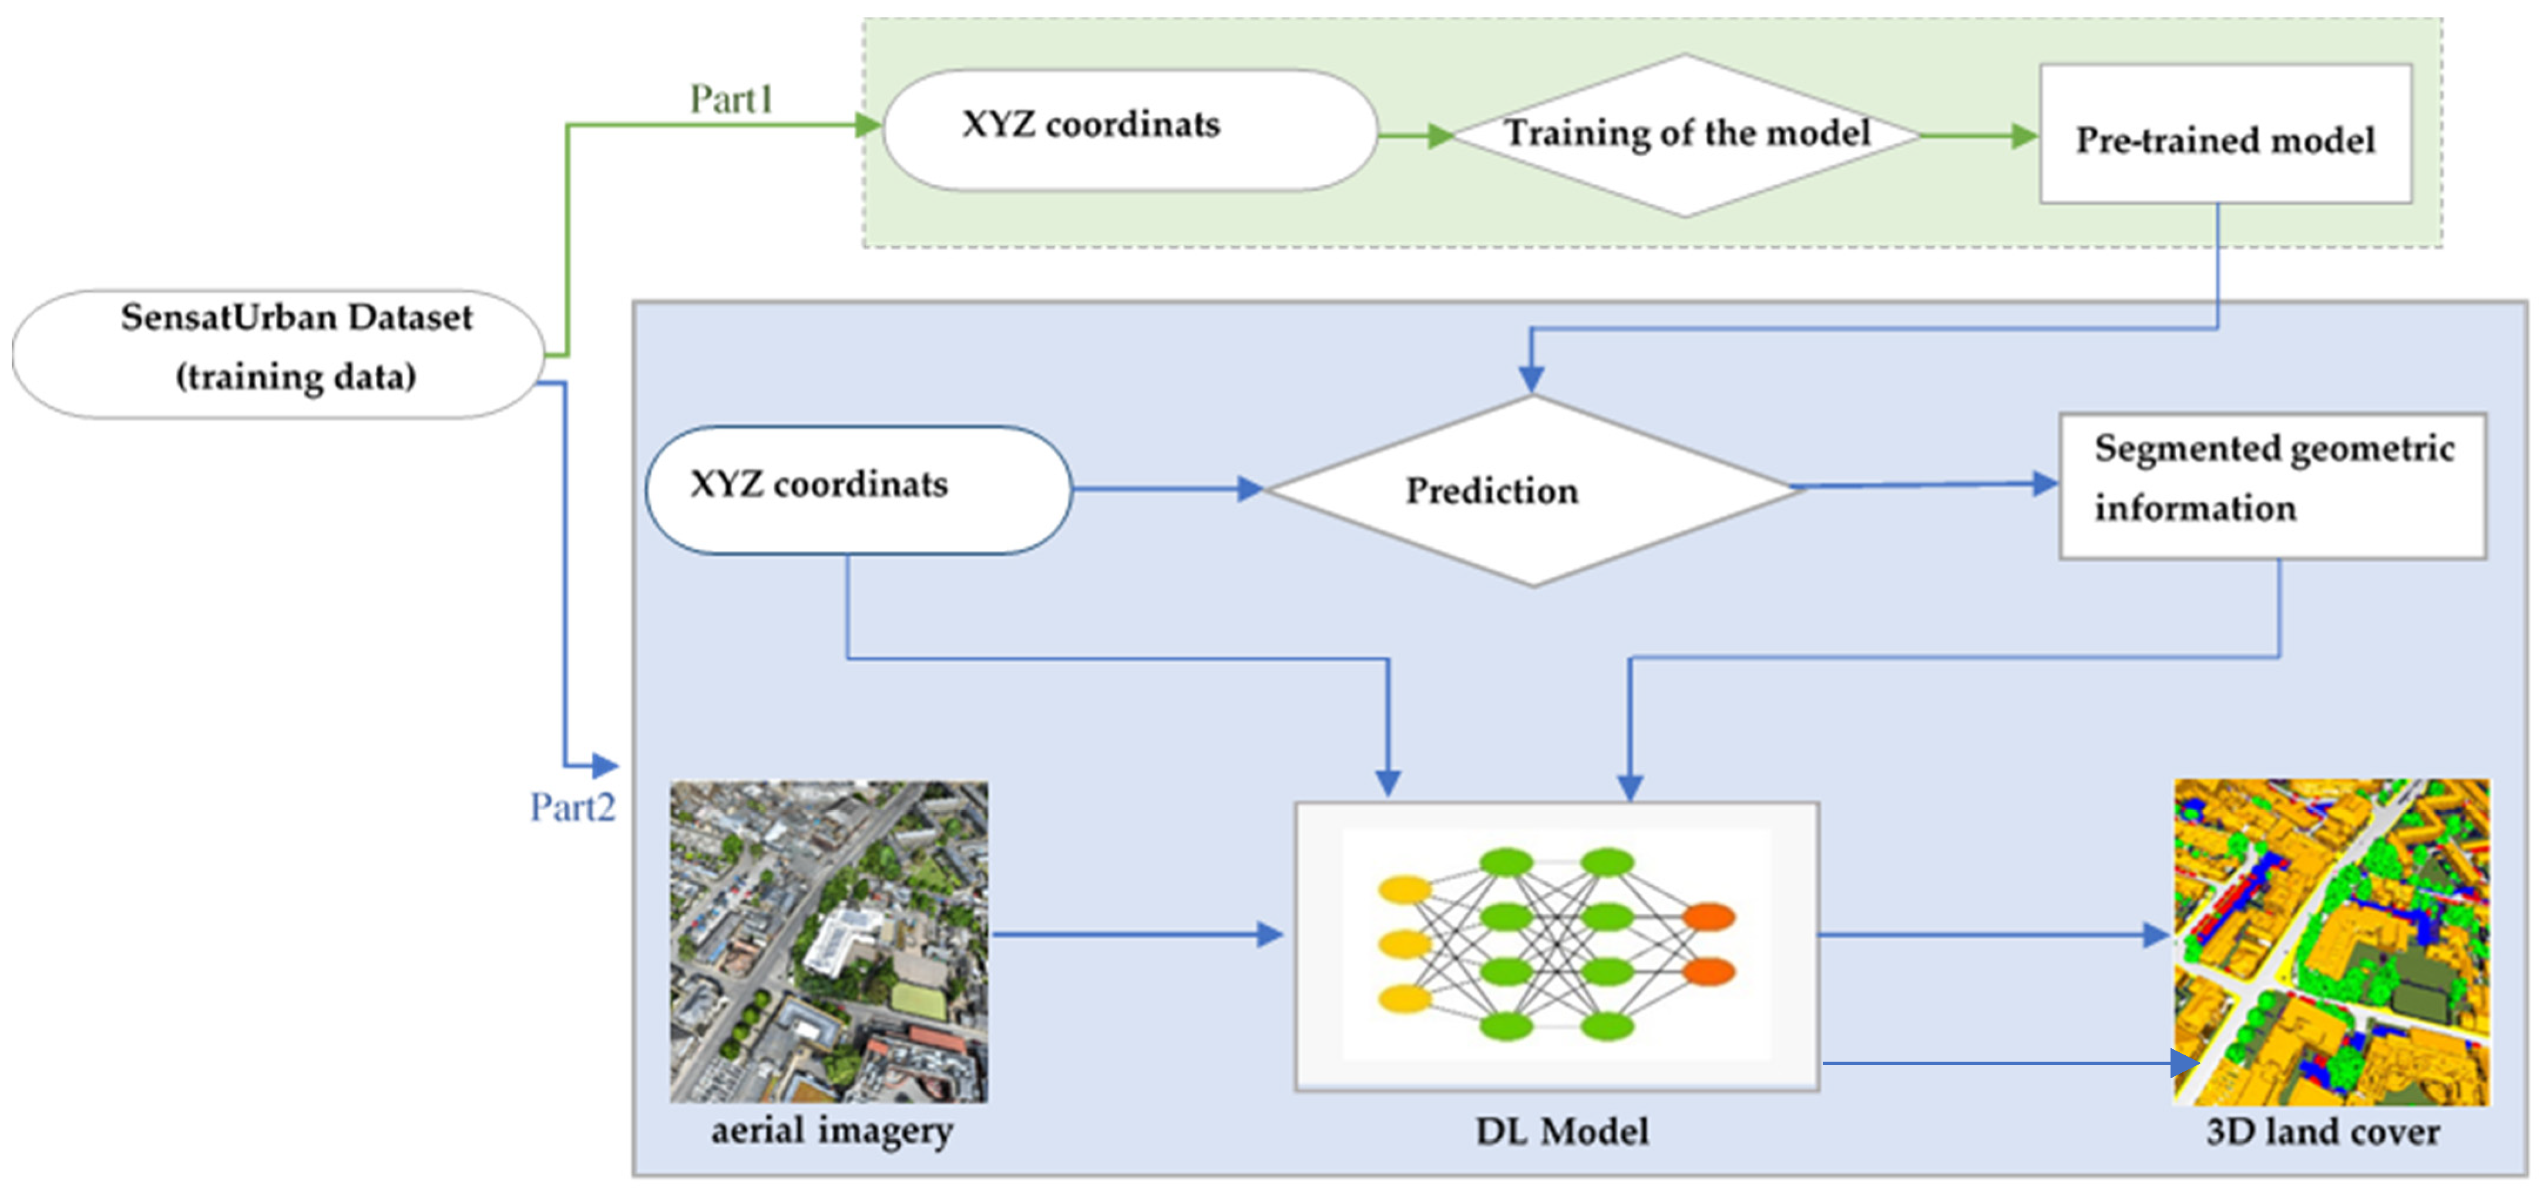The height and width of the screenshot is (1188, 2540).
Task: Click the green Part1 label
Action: (x=731, y=99)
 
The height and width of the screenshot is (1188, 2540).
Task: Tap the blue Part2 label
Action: (x=572, y=807)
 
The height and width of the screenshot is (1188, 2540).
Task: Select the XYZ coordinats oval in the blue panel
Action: (x=858, y=489)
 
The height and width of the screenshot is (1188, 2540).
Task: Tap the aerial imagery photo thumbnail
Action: (x=828, y=941)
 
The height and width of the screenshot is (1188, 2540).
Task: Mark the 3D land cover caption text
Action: (x=2322, y=1132)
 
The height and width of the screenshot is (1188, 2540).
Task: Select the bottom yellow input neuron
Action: (x=1404, y=999)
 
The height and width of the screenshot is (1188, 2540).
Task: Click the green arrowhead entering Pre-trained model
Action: (x=2024, y=136)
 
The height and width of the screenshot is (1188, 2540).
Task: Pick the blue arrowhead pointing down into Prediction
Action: (x=1530, y=378)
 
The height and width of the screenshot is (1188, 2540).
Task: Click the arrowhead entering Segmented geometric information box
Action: (x=2046, y=483)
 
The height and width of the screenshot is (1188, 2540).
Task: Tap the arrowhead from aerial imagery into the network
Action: (x=1270, y=934)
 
